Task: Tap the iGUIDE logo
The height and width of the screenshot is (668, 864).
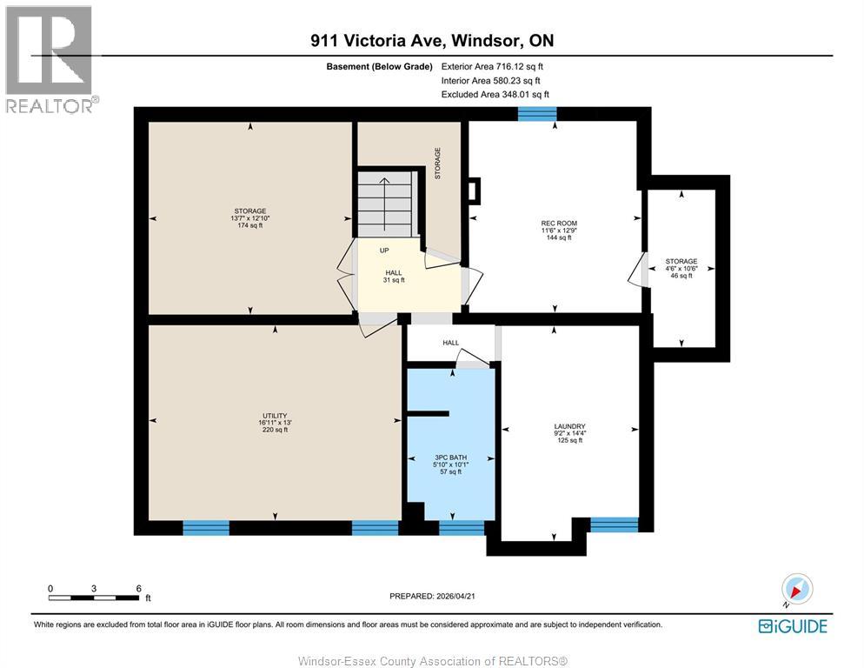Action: pyautogui.click(x=792, y=626)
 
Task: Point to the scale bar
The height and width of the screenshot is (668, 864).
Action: pyautogui.click(x=94, y=597)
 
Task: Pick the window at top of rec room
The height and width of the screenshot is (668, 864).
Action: pyautogui.click(x=536, y=113)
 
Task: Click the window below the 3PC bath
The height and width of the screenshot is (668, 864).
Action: pyautogui.click(x=462, y=527)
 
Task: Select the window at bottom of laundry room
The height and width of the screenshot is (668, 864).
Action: pyautogui.click(x=614, y=524)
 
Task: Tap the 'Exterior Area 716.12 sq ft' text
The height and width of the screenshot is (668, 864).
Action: pyautogui.click(x=493, y=66)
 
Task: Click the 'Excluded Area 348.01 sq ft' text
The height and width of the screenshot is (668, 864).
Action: pyautogui.click(x=495, y=94)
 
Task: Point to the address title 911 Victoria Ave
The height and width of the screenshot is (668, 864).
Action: pyautogui.click(x=432, y=40)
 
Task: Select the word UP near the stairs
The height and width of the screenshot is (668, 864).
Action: pyautogui.click(x=383, y=250)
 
